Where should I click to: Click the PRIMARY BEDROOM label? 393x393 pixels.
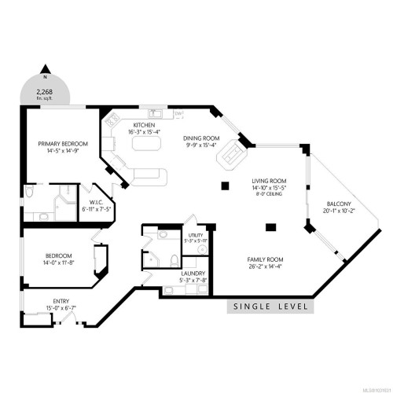tap(64, 144)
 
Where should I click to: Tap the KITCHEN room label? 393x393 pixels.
tap(143, 125)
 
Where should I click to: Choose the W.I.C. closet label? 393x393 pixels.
tap(97, 188)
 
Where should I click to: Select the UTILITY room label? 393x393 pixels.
tap(196, 235)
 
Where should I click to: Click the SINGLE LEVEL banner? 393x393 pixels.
tap(269, 307)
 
